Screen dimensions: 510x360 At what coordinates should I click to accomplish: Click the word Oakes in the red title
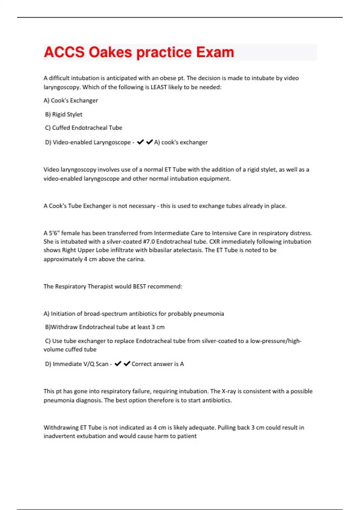(110, 52)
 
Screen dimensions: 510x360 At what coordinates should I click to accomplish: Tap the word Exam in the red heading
(215, 52)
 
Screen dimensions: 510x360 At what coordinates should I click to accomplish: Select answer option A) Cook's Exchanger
(71, 100)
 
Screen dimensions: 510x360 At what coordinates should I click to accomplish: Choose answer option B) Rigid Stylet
(64, 114)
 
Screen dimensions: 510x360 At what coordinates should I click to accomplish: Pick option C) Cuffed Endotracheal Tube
(83, 128)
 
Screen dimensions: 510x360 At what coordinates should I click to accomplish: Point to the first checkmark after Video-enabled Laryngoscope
(140, 142)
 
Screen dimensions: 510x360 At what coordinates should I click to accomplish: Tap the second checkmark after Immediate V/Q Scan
(127, 364)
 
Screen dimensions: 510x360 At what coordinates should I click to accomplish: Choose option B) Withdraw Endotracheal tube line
(105, 327)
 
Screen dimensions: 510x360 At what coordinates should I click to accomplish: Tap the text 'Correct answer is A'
(157, 364)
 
